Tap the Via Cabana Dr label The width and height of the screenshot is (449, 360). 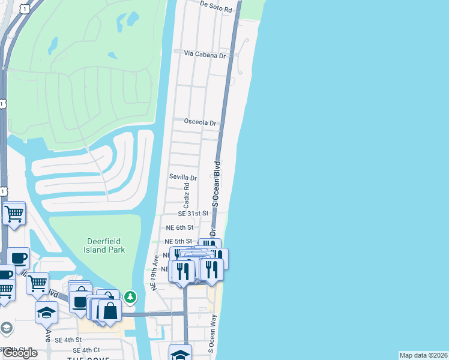coord(204,54)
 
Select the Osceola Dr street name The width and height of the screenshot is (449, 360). coord(200,122)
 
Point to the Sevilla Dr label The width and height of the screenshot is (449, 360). coord(183,178)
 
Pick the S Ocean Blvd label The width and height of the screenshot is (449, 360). coord(217,185)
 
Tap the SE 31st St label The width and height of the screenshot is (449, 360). coord(193,214)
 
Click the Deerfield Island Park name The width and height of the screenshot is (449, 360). coord(104,245)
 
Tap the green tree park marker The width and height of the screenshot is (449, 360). coord(130,296)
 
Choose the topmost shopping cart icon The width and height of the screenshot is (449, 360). coord(14,212)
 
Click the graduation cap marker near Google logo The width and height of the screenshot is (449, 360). coord(46,312)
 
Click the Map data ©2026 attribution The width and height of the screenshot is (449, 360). coord(424,355)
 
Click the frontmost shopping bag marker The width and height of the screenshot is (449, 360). coord(110,311)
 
